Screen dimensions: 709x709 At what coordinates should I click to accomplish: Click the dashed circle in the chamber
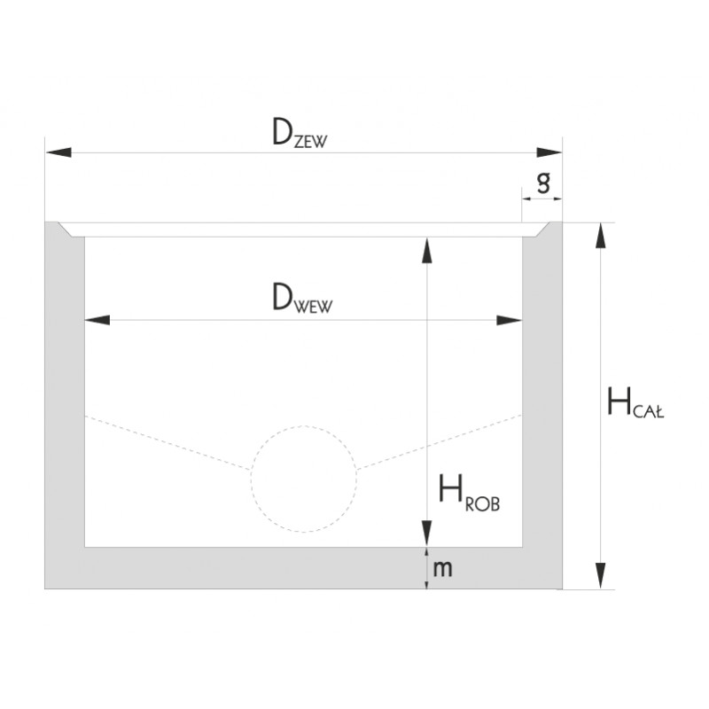304,479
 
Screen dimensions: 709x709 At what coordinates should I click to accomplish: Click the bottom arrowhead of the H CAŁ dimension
602,576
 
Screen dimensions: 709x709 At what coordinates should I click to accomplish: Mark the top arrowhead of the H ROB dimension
427,249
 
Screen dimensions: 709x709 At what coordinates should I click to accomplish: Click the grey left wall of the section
65,399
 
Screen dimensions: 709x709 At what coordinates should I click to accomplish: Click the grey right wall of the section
541,399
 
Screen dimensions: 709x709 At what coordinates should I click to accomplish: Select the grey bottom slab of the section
266,568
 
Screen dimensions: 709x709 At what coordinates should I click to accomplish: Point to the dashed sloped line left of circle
168,441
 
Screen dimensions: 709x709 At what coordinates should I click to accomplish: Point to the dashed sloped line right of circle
439,441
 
